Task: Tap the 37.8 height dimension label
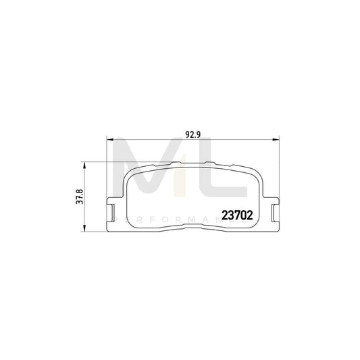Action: pyautogui.click(x=79, y=195)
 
